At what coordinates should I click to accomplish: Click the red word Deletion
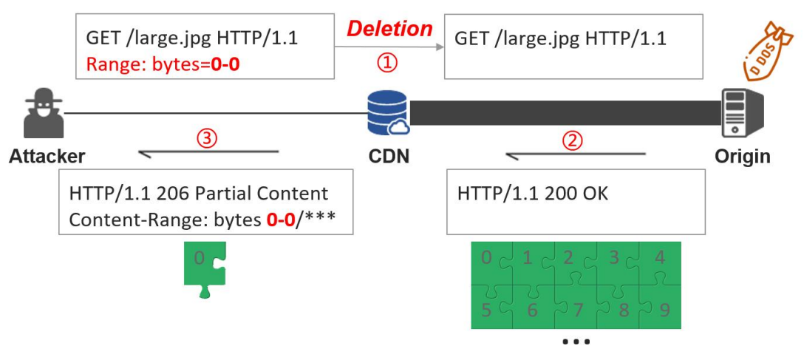click(389, 29)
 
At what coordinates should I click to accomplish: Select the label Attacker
click(47, 157)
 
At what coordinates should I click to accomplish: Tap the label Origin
click(742, 157)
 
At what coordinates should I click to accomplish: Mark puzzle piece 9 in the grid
click(661, 308)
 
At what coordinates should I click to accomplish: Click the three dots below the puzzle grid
click(576, 342)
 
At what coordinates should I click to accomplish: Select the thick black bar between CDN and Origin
click(565, 113)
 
